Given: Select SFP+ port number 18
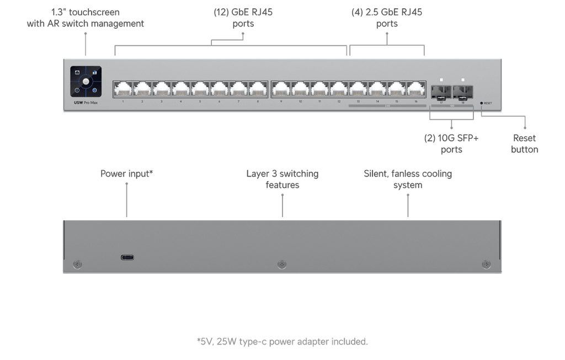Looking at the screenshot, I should (x=463, y=91).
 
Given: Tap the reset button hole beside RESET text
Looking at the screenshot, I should (x=482, y=103).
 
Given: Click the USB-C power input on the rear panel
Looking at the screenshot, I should (x=128, y=257).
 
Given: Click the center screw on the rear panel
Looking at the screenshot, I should (x=282, y=264).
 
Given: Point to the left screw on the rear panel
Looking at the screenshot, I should (x=78, y=264).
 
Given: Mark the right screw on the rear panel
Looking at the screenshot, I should (x=486, y=264).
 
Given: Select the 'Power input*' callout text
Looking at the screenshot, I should (x=127, y=174).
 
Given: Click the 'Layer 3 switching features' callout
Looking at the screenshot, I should (x=282, y=179).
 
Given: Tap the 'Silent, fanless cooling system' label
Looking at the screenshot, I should (x=408, y=179).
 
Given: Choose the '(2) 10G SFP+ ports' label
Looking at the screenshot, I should (x=451, y=144).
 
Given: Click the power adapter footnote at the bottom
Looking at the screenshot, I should (x=282, y=342).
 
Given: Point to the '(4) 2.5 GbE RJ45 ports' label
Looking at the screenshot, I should (x=387, y=18).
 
